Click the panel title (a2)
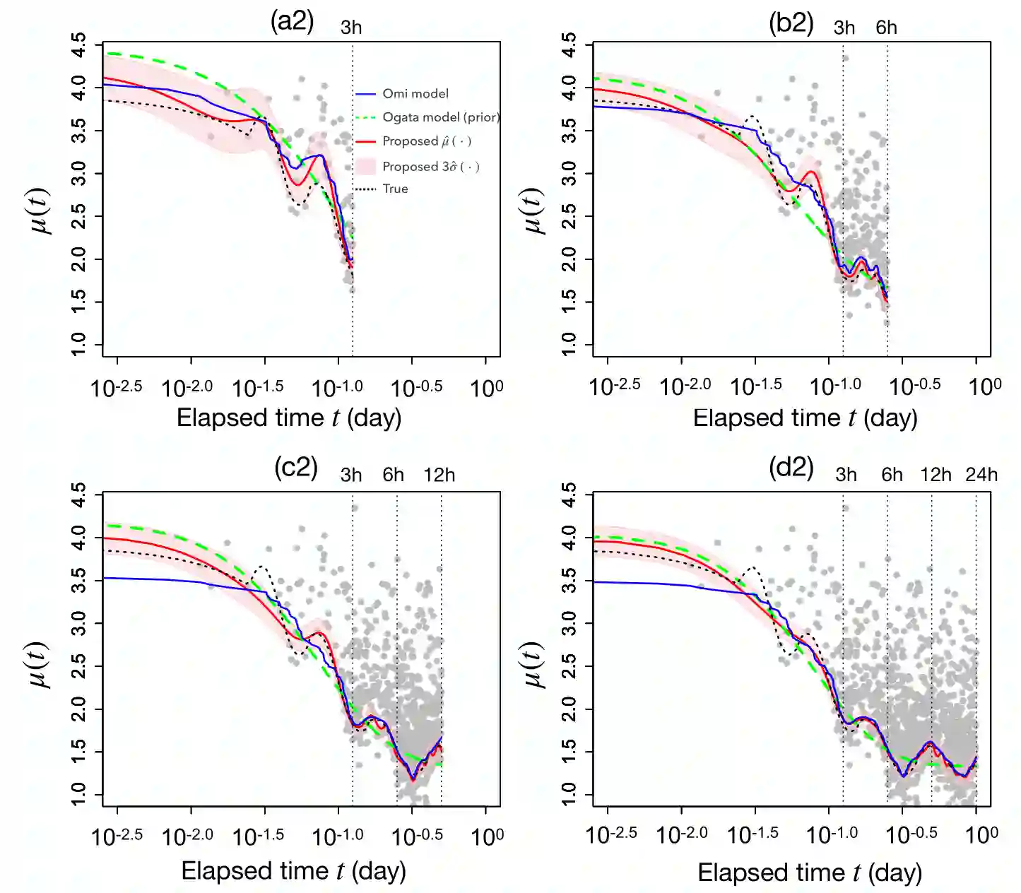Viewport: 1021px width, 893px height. coord(292,22)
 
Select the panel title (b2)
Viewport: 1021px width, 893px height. coord(791,23)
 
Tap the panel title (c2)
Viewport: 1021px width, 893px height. coord(295,468)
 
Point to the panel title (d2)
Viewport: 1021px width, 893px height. coord(791,468)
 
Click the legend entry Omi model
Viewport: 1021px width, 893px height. coord(415,93)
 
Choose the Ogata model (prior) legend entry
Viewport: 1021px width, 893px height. coord(440,117)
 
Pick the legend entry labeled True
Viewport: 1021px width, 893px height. coord(395,189)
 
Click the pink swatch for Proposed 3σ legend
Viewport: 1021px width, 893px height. coord(365,167)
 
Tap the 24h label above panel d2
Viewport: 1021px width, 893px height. coord(981,475)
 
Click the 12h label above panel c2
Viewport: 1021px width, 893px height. coord(439,475)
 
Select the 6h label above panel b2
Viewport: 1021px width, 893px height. coord(886,28)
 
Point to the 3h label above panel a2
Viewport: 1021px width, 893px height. coord(351,28)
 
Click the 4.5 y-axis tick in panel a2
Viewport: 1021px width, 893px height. coord(79,47)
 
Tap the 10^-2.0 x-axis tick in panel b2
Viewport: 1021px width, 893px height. coord(684,386)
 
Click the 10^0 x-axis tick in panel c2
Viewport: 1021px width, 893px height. coord(487,836)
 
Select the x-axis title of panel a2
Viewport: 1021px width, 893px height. coord(289,418)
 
